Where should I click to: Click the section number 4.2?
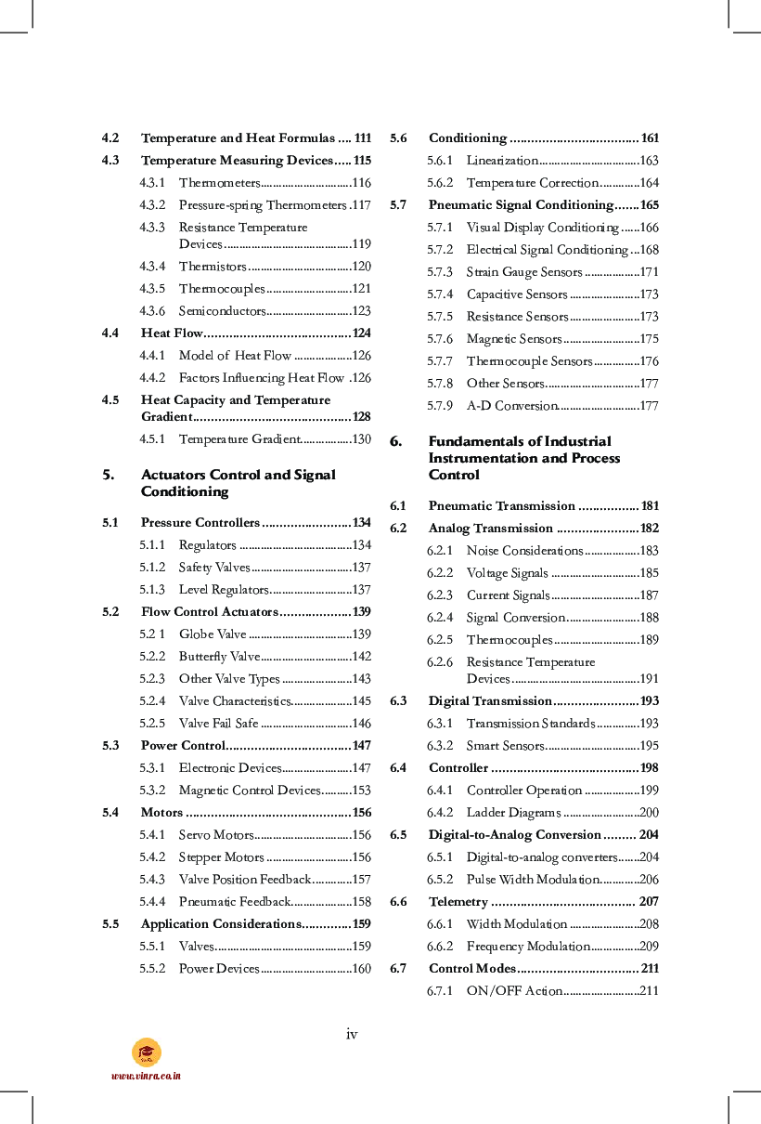(110, 138)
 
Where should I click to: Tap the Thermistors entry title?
(213, 267)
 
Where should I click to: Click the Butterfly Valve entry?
(219, 657)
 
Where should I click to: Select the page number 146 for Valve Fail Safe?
(361, 724)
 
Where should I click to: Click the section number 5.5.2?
(152, 969)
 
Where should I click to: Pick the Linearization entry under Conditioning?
(502, 161)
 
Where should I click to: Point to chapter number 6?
(395, 441)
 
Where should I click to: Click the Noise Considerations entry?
(524, 551)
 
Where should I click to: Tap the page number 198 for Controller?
(649, 768)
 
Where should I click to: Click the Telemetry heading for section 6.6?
(458, 902)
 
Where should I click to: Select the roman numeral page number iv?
(352, 1034)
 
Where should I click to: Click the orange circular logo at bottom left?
(147, 1052)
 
